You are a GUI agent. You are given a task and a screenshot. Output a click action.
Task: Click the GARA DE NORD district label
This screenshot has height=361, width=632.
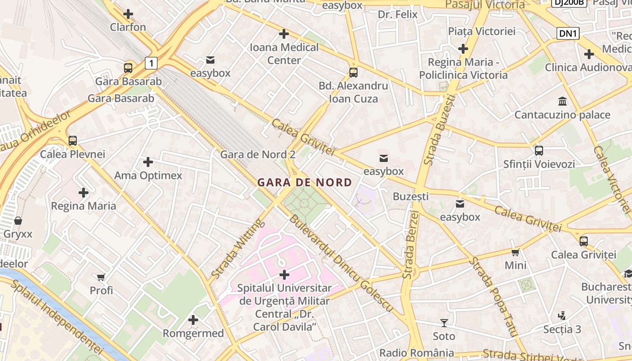tap(304, 183)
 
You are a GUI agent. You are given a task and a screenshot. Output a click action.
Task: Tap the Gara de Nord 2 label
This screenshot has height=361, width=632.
tap(258, 155)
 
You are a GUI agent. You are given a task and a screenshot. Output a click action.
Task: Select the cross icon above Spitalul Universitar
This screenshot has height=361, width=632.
tap(284, 274)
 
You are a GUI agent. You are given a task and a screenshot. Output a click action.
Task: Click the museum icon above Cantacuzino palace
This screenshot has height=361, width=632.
tap(562, 101)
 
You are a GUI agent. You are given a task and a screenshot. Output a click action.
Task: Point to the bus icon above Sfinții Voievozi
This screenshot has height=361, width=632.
tap(539, 150)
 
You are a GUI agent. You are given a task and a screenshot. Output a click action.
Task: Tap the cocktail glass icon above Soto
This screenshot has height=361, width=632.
tap(444, 323)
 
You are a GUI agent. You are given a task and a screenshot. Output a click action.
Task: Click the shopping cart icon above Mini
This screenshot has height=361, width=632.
tap(515, 252)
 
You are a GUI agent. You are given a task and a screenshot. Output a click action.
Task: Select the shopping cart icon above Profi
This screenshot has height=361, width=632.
tap(101, 277)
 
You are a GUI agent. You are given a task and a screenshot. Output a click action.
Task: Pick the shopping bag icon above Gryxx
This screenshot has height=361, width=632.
tap(18, 221)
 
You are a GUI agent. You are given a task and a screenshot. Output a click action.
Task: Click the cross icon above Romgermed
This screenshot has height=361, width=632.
tap(193, 320)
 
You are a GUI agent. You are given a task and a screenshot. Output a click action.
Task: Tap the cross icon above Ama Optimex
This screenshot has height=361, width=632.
tap(148, 162)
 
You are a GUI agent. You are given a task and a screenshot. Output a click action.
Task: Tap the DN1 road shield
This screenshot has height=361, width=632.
tap(568, 33)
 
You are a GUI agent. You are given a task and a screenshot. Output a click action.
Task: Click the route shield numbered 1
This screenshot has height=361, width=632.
tap(151, 63)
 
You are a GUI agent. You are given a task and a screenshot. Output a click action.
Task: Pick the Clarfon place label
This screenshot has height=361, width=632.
tap(128, 27)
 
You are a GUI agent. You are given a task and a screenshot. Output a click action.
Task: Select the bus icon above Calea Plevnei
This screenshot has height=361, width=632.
tap(73, 141)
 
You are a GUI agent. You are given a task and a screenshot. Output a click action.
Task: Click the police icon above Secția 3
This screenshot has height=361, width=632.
tap(562, 316)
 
